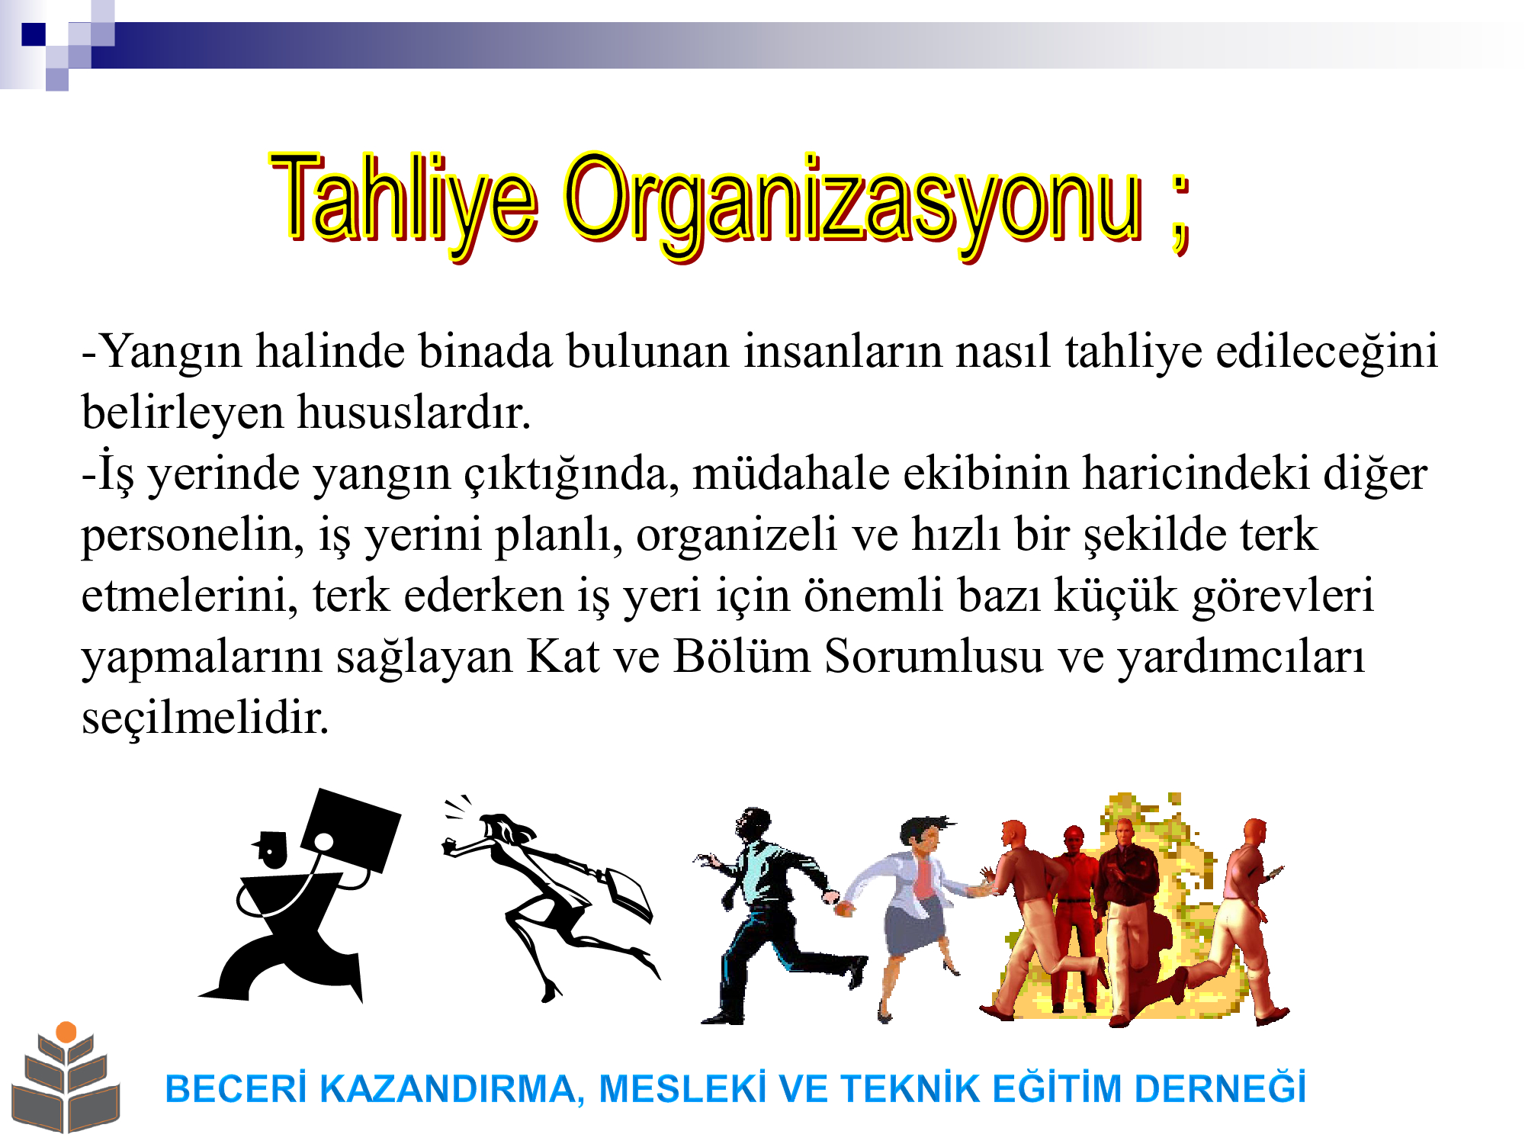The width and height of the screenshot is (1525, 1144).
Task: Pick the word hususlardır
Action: (x=413, y=413)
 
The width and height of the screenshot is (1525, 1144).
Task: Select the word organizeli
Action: (x=737, y=536)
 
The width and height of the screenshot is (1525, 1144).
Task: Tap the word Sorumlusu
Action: (x=933, y=657)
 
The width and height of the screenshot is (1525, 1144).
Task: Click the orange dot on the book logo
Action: (x=66, y=1032)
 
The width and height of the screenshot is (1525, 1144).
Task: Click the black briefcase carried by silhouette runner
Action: (x=351, y=830)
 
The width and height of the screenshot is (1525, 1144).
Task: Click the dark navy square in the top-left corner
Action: (x=34, y=34)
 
